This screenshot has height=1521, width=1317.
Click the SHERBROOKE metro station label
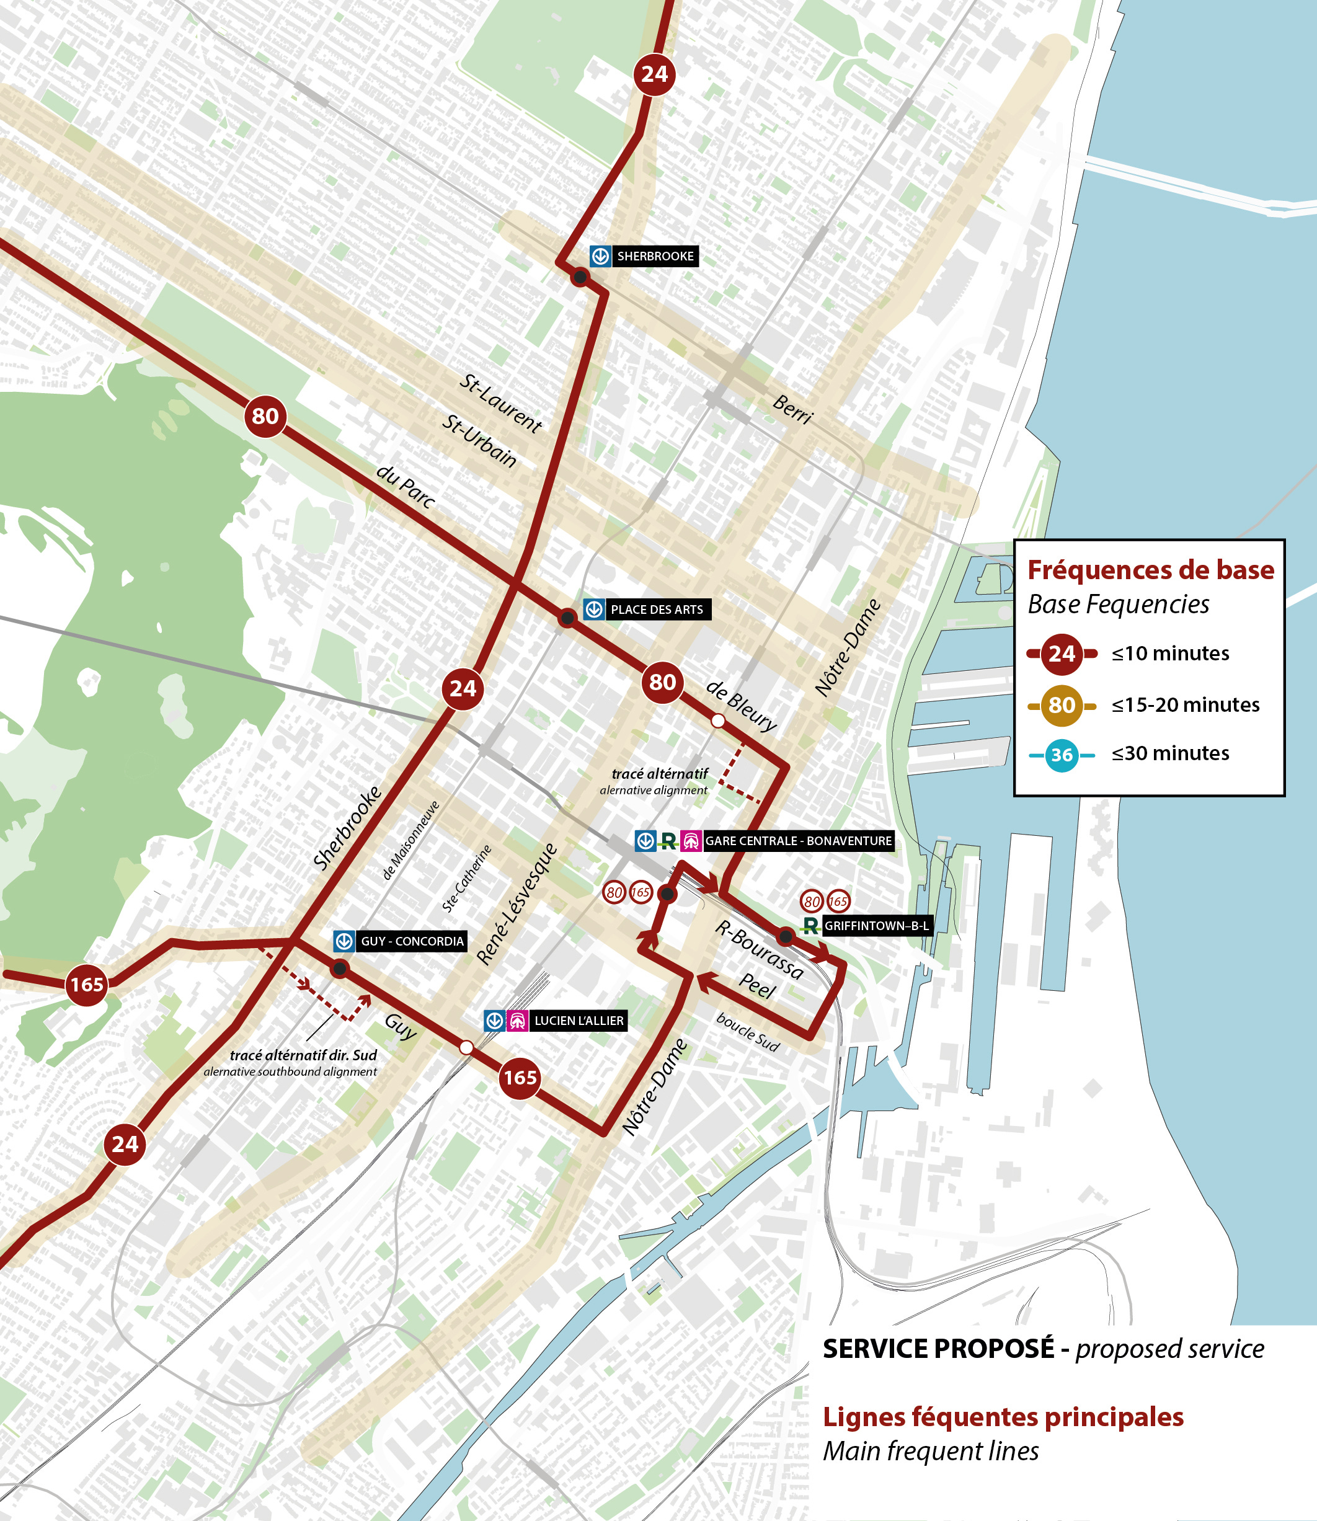point(654,255)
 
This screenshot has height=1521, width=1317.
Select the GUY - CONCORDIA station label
point(412,941)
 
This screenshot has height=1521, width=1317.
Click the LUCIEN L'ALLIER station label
point(579,1021)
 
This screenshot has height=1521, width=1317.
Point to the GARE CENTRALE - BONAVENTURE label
point(798,841)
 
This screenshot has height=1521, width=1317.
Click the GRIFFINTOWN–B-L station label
point(876,926)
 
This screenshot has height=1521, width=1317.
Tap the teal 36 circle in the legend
point(1062,755)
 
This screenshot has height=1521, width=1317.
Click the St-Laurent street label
point(500,402)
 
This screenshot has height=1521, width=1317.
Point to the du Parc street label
point(406,486)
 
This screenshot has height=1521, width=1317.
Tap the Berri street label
point(793,409)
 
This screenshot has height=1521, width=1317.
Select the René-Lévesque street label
point(517,904)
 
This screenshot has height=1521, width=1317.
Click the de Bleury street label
point(741,706)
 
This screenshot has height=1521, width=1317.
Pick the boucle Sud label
point(747,1032)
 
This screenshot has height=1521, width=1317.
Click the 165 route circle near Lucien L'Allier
point(520,1078)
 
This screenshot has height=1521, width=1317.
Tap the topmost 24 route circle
point(654,74)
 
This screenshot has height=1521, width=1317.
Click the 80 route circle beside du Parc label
point(265,417)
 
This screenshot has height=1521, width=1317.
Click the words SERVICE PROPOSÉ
point(938,1349)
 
